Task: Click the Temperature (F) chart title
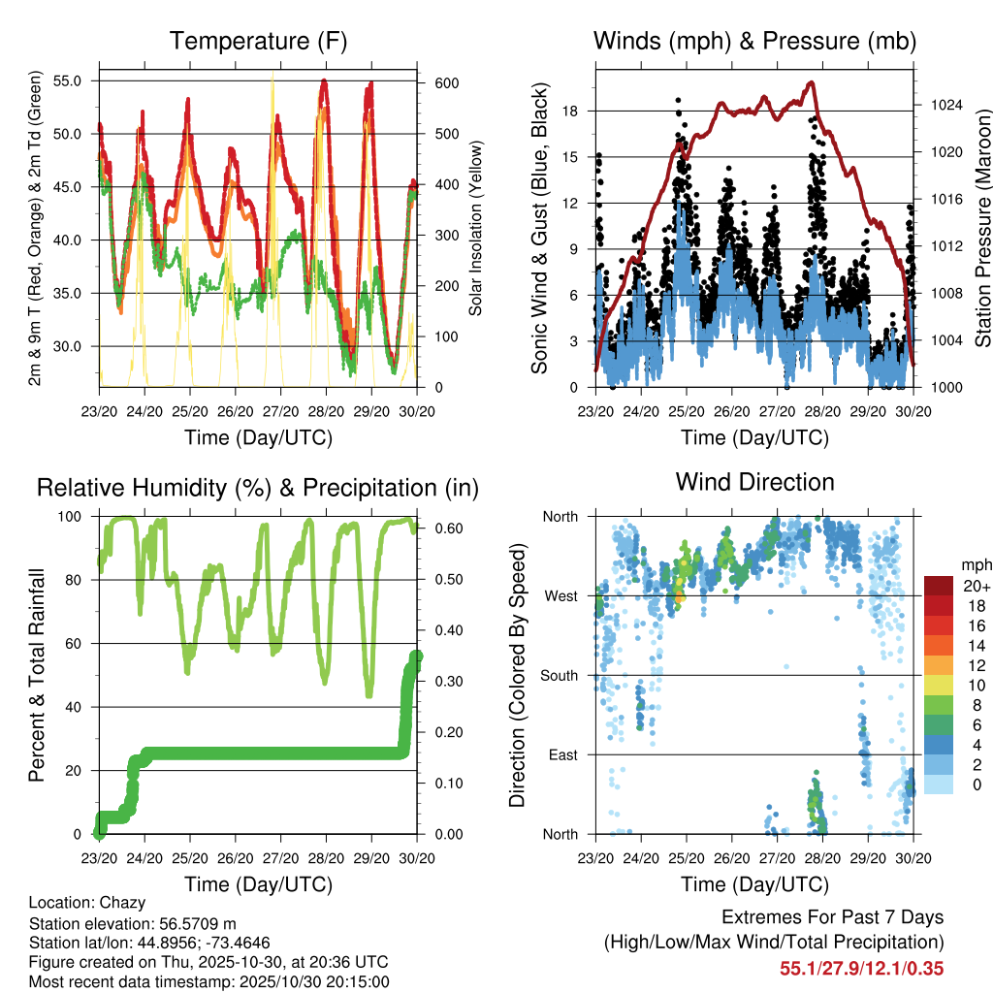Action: click(x=258, y=41)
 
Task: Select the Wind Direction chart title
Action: click(x=754, y=481)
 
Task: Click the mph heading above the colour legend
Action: click(x=976, y=564)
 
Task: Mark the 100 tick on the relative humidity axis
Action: click(x=71, y=516)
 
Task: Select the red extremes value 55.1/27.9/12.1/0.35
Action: click(x=861, y=968)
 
